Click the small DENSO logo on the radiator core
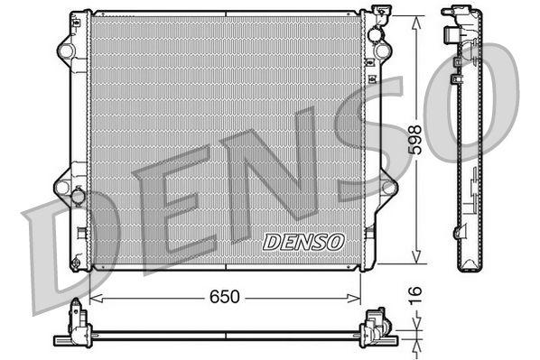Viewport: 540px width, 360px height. click(303, 241)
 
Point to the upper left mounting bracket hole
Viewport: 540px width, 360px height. click(62, 47)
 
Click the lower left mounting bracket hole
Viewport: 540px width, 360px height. click(62, 187)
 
